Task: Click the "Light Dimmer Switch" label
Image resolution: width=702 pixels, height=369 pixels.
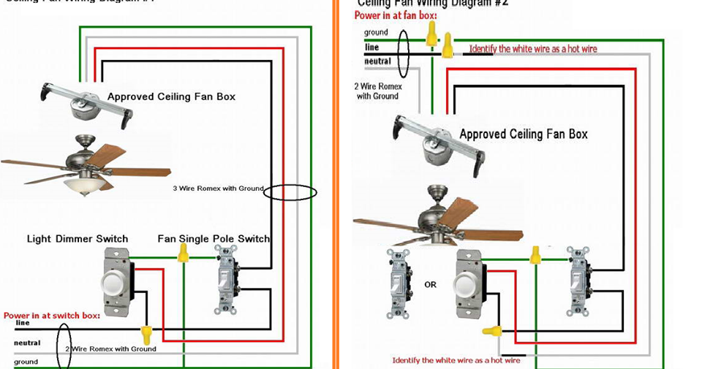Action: click(78, 239)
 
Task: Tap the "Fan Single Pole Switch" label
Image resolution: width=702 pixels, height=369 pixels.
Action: click(214, 239)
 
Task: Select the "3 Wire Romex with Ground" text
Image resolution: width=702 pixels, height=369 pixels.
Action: click(218, 189)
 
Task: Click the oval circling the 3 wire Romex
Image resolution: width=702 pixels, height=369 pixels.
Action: click(290, 193)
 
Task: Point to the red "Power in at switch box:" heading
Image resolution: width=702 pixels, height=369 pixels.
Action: click(52, 316)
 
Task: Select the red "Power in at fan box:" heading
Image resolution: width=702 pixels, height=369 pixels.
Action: click(396, 15)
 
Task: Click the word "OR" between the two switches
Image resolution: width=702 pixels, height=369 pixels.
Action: click(430, 284)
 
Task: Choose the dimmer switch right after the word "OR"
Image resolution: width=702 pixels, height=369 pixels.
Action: click(469, 284)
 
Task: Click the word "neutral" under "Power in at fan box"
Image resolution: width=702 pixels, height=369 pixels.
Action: click(377, 61)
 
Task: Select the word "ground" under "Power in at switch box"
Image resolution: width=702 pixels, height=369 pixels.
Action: click(26, 362)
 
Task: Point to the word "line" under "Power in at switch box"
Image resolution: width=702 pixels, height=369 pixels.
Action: click(22, 323)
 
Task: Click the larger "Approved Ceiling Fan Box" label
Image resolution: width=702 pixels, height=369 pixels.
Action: click(523, 134)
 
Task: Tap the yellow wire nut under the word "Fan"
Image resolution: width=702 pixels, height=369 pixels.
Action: click(183, 253)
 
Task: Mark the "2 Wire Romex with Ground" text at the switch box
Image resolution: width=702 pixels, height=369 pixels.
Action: click(110, 349)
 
